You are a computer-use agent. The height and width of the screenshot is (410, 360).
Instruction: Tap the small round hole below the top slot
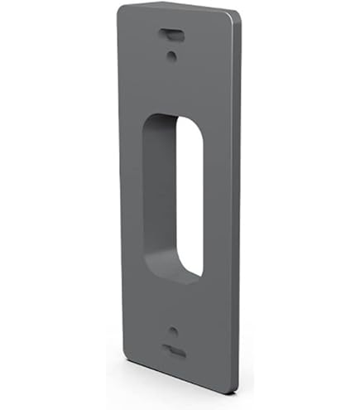point(170,56)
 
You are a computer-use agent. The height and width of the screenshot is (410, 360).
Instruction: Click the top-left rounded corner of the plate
point(122,10)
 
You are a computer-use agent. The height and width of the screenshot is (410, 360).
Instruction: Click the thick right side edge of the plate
point(238,207)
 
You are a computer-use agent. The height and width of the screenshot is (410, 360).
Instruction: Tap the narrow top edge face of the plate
point(178,7)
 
